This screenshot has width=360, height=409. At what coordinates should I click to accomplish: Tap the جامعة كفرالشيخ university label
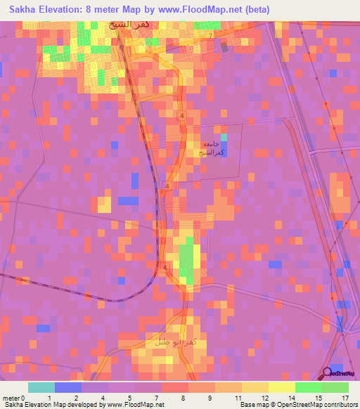pos(212,148)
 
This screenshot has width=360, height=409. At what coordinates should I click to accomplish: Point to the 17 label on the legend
pos(344,398)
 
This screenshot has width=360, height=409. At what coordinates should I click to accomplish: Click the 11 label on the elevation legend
pos(237,398)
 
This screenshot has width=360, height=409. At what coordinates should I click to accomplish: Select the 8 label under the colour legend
pos(184,398)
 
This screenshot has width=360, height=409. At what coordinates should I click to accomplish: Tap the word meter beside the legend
pos(11,398)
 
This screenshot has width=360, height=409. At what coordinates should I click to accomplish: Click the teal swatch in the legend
pos(41,387)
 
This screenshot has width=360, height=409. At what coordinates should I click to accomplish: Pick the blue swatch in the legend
pos(67,387)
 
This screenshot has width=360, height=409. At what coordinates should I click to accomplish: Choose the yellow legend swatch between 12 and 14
pos(281,387)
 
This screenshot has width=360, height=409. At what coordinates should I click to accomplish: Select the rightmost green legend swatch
pos(335,387)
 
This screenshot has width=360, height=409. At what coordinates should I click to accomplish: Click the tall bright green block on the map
pos(186,261)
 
